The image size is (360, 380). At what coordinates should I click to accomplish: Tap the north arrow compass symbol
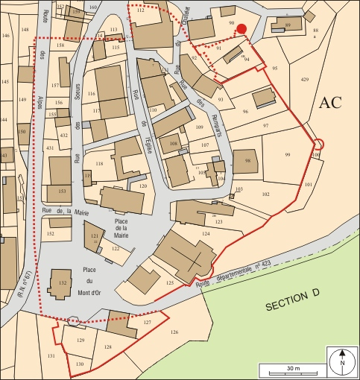tap(342, 362)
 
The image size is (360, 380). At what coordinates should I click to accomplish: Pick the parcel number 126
tap(174, 332)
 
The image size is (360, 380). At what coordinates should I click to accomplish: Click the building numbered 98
tap(246, 161)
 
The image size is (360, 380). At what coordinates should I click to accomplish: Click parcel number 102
tap(265, 194)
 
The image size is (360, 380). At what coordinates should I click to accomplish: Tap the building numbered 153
tap(61, 191)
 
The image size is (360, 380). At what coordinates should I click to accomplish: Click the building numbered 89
tap(288, 25)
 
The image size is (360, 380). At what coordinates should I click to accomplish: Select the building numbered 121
tap(95, 236)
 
